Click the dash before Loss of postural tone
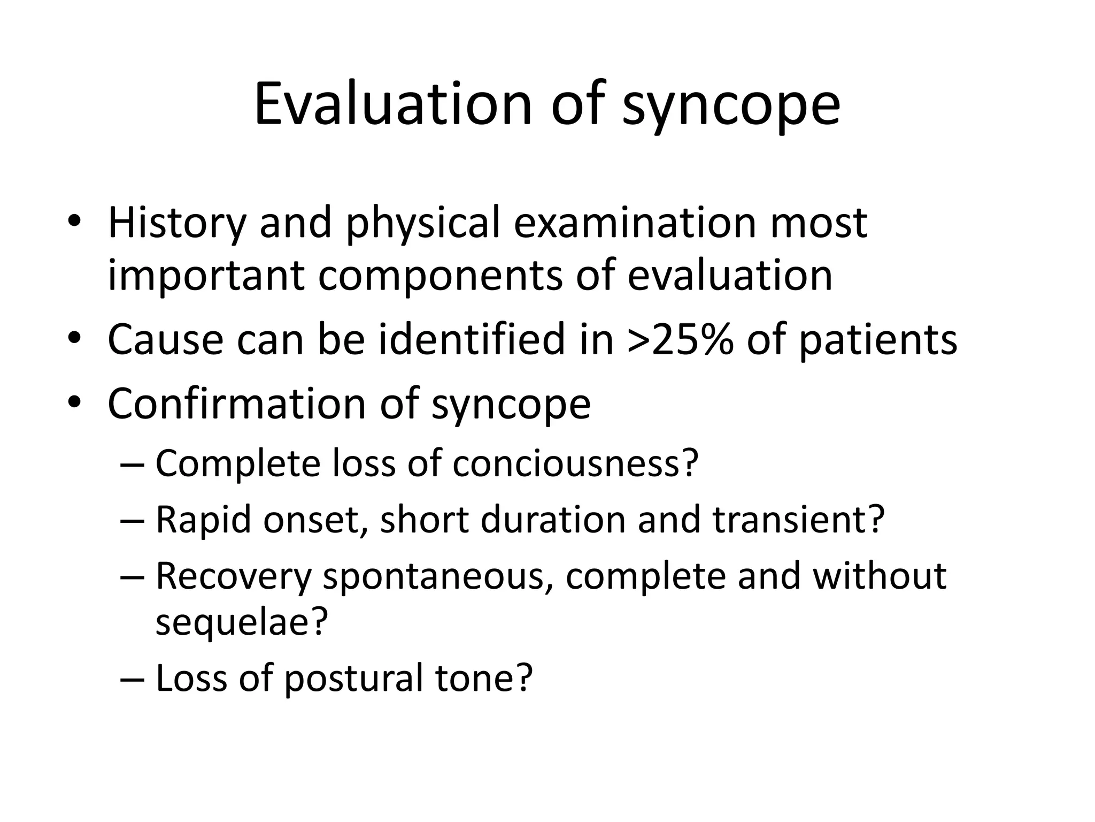point(132,679)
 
